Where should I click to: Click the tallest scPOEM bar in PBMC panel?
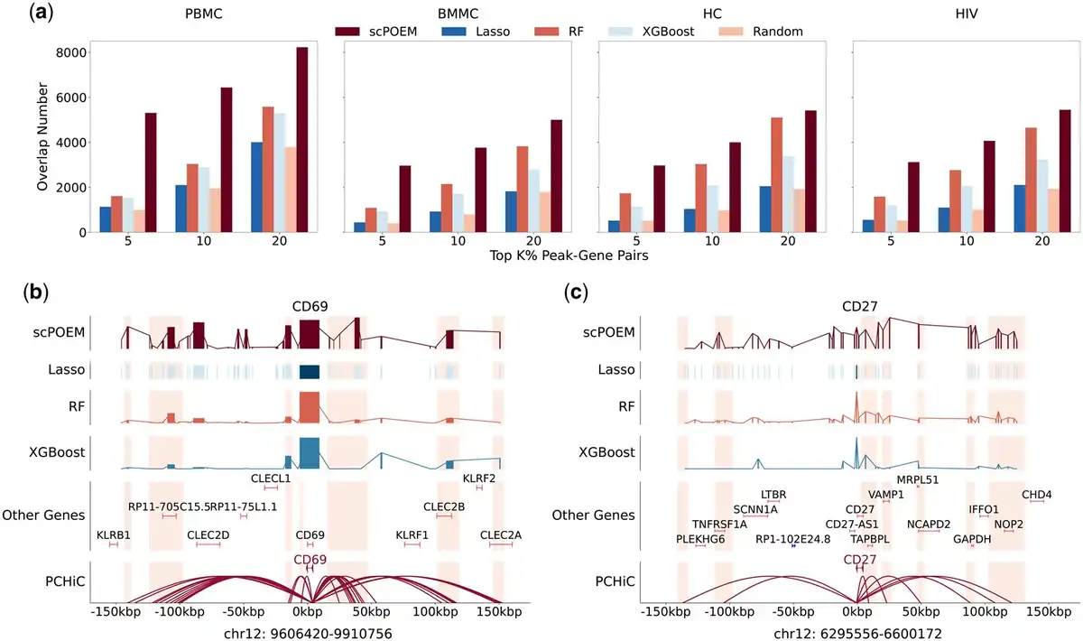[x=301, y=140]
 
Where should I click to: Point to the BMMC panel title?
[x=458, y=14]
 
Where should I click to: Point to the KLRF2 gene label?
[x=479, y=478]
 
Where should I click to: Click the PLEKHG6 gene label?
[x=700, y=539]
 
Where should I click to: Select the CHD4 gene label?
[x=1036, y=494]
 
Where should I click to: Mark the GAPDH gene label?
[x=972, y=539]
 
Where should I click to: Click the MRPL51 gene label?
[x=918, y=479]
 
